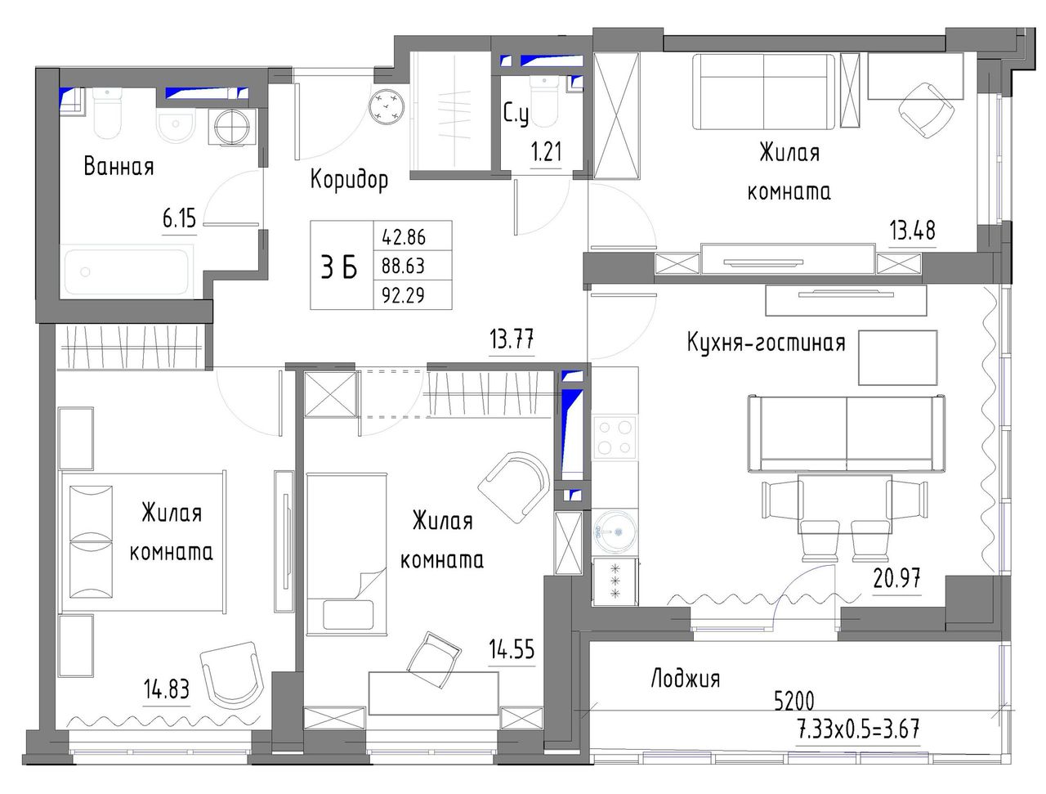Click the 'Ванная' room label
tap(118, 167)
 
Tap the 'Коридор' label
tap(349, 180)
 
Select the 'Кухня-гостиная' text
tap(766, 343)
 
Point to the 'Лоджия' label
tap(686, 679)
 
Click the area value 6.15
tap(179, 219)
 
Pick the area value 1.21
tap(546, 152)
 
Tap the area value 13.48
tap(912, 231)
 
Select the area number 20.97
tap(896, 579)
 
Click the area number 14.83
tap(167, 689)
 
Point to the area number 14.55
tap(512, 649)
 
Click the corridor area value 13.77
tap(512, 340)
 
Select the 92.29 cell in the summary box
tap(403, 296)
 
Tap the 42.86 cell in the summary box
tap(404, 237)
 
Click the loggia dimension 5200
tap(794, 701)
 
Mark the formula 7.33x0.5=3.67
tap(859, 729)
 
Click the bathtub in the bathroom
tap(128, 271)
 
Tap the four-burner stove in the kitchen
tap(615, 437)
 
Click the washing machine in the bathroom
tap(233, 127)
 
